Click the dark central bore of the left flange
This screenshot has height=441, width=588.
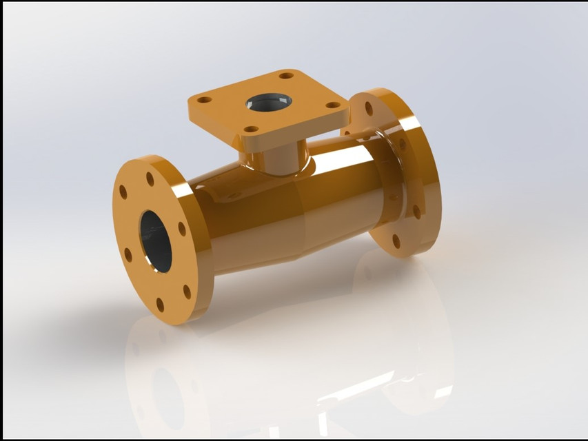[156, 240]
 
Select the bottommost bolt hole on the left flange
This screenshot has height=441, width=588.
[161, 304]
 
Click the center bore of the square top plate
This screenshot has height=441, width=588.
[268, 101]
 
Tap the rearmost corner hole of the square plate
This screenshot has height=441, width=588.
[286, 75]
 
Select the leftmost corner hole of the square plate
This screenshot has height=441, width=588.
[204, 100]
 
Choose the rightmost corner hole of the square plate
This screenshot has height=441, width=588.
[333, 105]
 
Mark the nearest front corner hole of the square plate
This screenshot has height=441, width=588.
[252, 129]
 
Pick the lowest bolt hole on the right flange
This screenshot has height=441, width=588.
[396, 241]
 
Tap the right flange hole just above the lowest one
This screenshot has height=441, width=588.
[416, 212]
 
